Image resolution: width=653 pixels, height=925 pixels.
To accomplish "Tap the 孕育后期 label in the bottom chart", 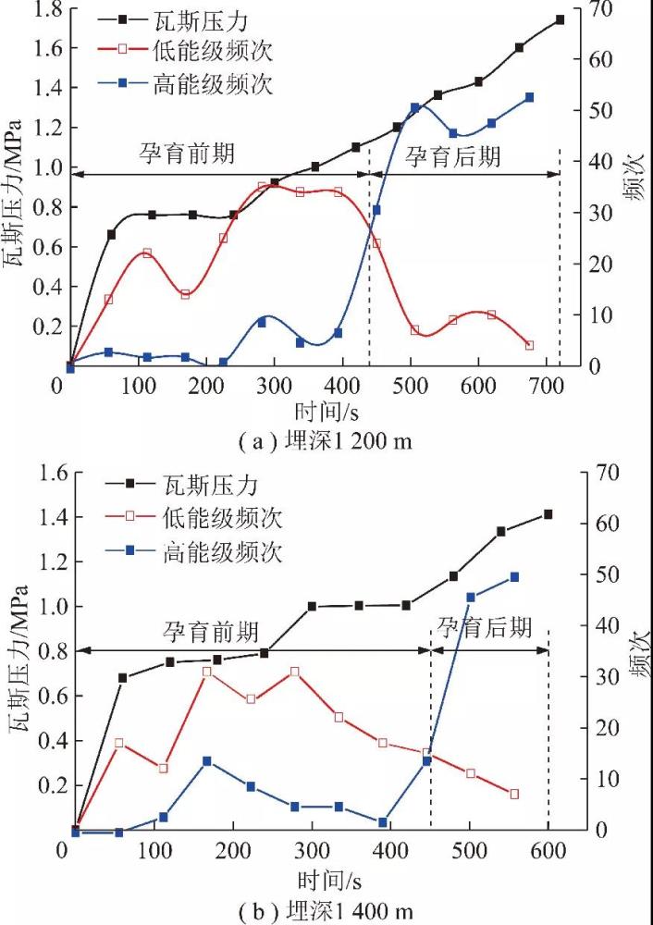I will click(486, 629).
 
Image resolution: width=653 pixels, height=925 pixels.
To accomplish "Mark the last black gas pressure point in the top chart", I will click(561, 19).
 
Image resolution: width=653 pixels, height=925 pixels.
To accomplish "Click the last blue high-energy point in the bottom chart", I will click(514, 577).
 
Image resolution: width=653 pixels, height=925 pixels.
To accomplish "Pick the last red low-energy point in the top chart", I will click(529, 345).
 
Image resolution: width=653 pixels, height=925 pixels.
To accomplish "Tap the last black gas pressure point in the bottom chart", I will click(548, 514).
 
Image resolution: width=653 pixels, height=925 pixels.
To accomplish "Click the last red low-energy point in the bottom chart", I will click(514, 794).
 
